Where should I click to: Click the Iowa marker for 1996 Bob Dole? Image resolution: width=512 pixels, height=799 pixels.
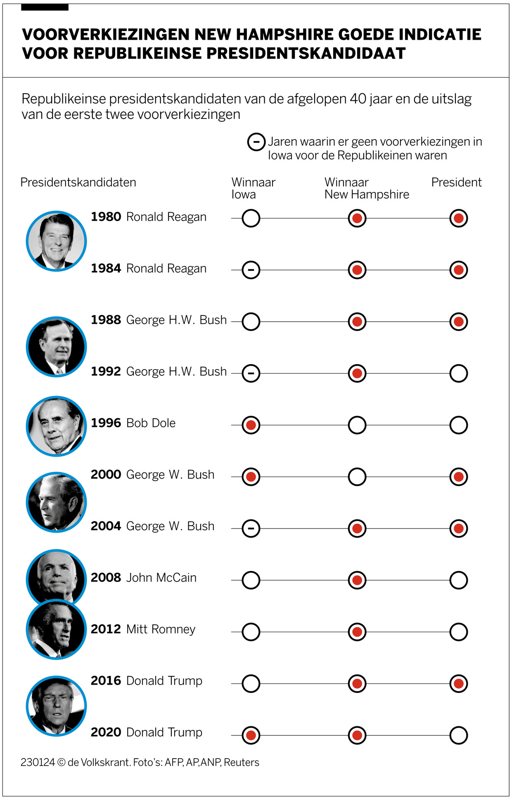(x=251, y=425)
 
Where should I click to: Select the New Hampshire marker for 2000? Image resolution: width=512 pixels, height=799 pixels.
(x=357, y=477)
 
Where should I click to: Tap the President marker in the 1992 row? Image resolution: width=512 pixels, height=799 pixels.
(x=458, y=373)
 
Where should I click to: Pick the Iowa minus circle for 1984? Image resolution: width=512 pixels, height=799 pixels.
(x=251, y=270)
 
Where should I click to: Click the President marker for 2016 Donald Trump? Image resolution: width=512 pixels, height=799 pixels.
(x=458, y=683)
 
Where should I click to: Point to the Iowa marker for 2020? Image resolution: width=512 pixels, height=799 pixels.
(x=251, y=735)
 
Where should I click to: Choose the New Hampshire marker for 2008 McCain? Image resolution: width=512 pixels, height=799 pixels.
(x=357, y=580)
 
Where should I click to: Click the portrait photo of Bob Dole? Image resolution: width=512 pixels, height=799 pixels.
(x=57, y=426)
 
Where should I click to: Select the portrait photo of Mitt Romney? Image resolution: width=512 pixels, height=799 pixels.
(x=57, y=630)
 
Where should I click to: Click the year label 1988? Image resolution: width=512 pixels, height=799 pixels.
(x=106, y=320)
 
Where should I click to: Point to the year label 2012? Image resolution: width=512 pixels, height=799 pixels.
(x=106, y=629)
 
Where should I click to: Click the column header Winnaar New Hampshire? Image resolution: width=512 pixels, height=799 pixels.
(x=366, y=188)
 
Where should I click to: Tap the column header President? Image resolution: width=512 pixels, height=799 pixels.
(x=456, y=183)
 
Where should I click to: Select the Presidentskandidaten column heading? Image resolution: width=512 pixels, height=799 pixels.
(x=78, y=183)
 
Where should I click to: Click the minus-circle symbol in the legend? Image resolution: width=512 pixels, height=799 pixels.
(x=256, y=142)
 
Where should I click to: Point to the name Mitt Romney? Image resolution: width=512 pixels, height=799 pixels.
(x=161, y=629)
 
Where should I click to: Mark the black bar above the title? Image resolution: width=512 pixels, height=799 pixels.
(x=45, y=7)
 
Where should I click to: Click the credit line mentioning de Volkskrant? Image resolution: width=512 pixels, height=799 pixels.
(x=140, y=762)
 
